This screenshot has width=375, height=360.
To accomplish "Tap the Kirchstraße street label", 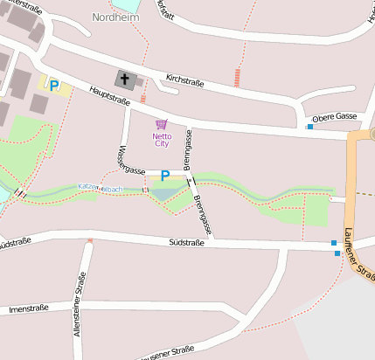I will (184, 82).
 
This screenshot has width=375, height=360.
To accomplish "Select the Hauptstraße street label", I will (109, 95).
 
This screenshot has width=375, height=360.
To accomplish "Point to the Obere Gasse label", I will (335, 116).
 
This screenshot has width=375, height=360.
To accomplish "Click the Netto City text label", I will (162, 140).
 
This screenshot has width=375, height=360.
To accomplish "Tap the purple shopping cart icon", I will (161, 124).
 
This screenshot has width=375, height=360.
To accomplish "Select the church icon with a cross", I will (125, 80).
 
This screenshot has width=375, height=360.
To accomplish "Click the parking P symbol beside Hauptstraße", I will (53, 86).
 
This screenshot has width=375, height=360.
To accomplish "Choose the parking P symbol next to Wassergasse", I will (164, 176).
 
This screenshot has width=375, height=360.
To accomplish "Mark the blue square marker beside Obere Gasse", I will (310, 127).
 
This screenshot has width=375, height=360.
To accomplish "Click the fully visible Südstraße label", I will (185, 242).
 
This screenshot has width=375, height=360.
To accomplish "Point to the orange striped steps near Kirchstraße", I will (237, 78).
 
